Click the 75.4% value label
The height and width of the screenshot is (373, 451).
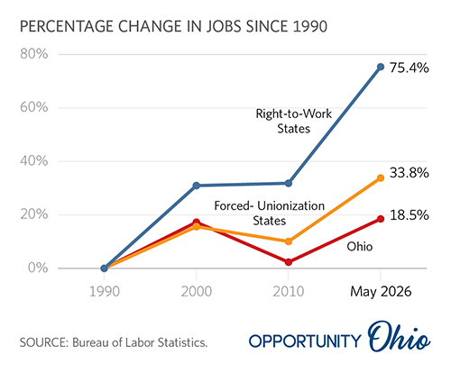click(x=410, y=68)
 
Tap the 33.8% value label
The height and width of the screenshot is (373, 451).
click(x=410, y=173)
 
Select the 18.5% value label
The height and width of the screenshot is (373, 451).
click(x=410, y=215)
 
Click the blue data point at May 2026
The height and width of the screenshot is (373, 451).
click(x=381, y=67)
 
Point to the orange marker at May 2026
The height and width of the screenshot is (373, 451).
click(x=381, y=178)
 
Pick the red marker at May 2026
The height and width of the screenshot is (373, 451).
click(x=381, y=219)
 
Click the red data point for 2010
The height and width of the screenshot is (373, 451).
click(x=289, y=262)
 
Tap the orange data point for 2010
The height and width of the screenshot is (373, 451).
click(x=289, y=241)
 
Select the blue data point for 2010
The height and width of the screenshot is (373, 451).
click(x=289, y=183)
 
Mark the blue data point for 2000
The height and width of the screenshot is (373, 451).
click(x=197, y=186)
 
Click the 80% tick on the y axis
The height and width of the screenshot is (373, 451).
click(x=34, y=54)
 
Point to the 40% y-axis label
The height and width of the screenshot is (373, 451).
click(x=34, y=161)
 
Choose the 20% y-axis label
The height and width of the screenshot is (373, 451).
click(x=34, y=214)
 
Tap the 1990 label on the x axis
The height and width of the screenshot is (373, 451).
click(x=105, y=292)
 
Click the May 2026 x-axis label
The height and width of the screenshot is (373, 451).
click(x=381, y=292)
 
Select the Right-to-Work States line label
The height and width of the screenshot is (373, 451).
click(x=294, y=121)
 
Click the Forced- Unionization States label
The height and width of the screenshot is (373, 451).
click(x=270, y=214)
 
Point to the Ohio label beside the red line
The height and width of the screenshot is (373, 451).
click(x=360, y=247)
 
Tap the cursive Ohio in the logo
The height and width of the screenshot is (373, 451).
click(x=400, y=336)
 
